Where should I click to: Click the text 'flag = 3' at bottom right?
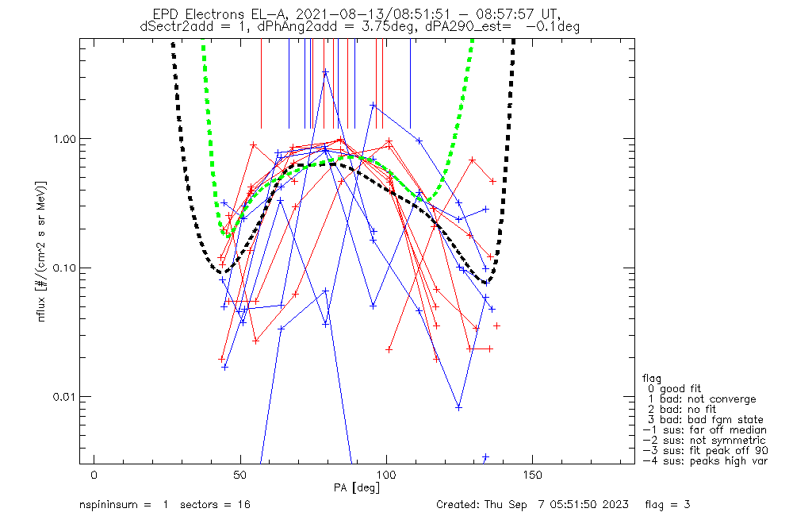tap(674, 504)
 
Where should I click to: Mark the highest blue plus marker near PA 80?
tap(325, 72)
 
